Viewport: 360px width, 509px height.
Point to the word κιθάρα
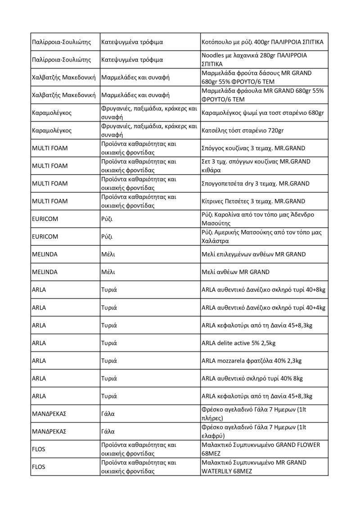(x=212, y=170)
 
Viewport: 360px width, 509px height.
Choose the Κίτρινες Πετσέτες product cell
(x=253, y=201)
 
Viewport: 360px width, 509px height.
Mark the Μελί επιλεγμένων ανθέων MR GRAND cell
(x=254, y=254)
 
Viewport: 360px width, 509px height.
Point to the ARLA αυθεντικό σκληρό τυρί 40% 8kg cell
(x=252, y=378)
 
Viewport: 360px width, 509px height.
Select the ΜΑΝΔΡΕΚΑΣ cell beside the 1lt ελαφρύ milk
(x=49, y=431)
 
